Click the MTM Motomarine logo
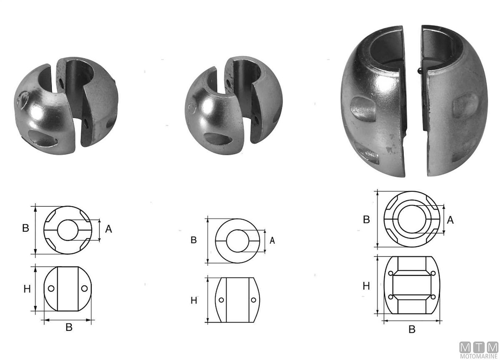pyautogui.click(x=479, y=349)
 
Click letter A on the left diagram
pyautogui.click(x=108, y=229)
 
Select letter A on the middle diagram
pyautogui.click(x=272, y=240)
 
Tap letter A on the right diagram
pyautogui.click(x=450, y=220)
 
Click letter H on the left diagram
pyautogui.click(x=27, y=289)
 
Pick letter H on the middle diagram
pyautogui.click(x=194, y=301)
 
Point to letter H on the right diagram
pyautogui.click(x=366, y=286)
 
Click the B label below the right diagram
pyautogui.click(x=412, y=330)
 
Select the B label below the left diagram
pyautogui.click(x=69, y=327)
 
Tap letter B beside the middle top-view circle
pyautogui.click(x=193, y=240)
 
